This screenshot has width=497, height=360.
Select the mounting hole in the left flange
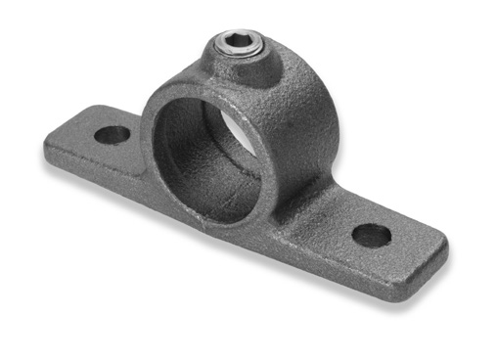[113, 134]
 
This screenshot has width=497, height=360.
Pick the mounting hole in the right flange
[372, 235]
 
